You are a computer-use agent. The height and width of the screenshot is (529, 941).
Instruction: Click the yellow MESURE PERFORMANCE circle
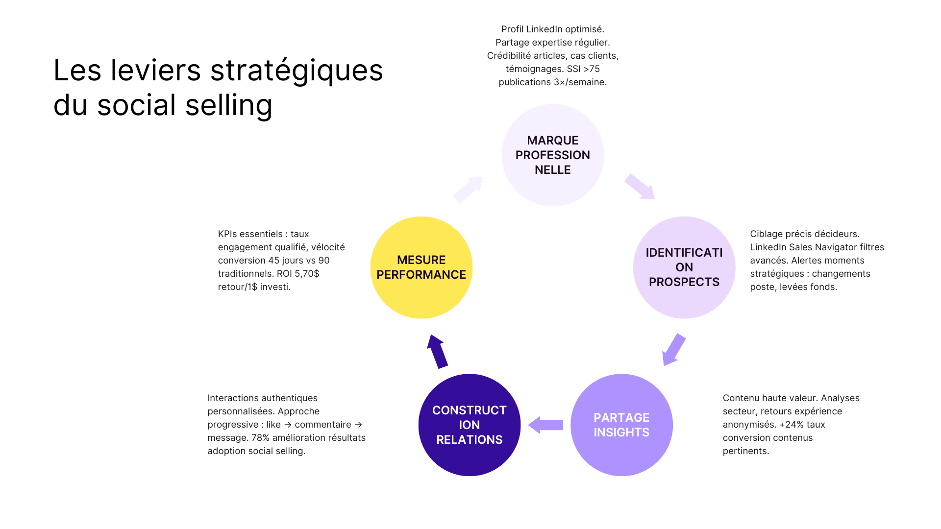(x=421, y=267)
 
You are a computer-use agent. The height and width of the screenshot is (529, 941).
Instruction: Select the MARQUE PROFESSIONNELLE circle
(x=553, y=155)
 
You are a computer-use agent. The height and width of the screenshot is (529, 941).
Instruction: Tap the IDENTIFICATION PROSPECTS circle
(x=684, y=267)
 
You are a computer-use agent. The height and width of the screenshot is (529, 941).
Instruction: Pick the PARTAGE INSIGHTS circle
(x=621, y=425)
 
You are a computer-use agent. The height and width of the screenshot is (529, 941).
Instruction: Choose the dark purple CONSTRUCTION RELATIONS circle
(x=470, y=425)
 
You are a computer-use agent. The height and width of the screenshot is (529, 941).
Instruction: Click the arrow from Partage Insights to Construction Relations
(x=545, y=425)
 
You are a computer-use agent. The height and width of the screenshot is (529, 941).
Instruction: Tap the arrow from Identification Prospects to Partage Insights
(x=673, y=350)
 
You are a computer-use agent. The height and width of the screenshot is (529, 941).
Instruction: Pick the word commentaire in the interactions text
(x=323, y=425)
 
